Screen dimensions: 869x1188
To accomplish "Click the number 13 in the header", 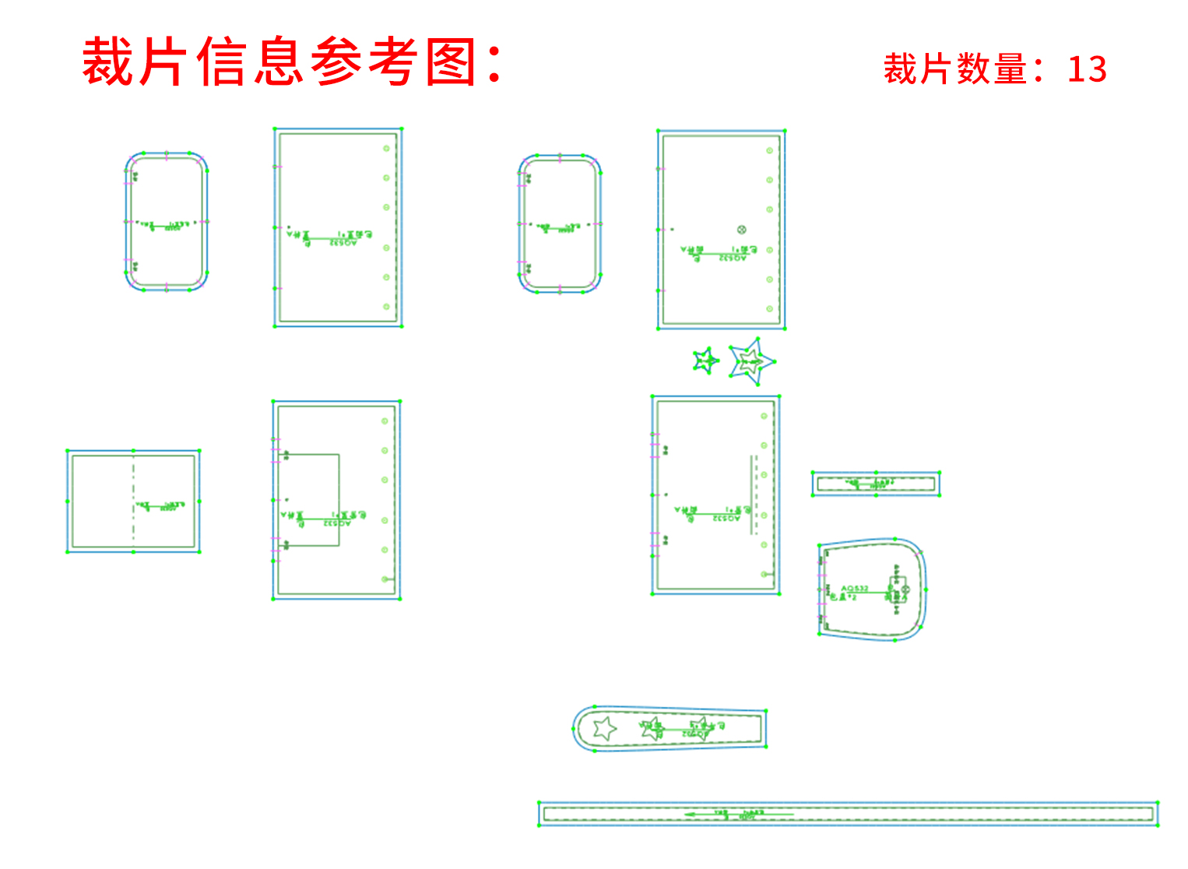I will pyautogui.click(x=1087, y=69).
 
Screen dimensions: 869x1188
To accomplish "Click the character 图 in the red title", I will pyautogui.click(x=452, y=62).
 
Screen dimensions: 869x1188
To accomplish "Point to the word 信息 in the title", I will pyautogui.click(x=250, y=62).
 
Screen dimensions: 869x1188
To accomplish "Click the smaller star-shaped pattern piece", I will pyautogui.click(x=705, y=361).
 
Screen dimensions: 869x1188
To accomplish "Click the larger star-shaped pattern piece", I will pyautogui.click(x=752, y=361).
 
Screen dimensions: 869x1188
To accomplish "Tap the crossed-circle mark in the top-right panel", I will pyautogui.click(x=742, y=230).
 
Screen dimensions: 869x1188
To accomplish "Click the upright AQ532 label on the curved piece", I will pyautogui.click(x=855, y=588).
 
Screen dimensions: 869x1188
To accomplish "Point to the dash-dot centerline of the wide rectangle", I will pyautogui.click(x=133, y=501).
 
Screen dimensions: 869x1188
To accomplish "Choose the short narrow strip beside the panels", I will pyautogui.click(x=876, y=484).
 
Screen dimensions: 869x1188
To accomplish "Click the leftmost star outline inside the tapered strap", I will pyautogui.click(x=604, y=729).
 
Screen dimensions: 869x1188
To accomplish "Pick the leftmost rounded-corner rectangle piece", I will pyautogui.click(x=167, y=222).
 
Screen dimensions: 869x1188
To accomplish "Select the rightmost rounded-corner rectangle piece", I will pyautogui.click(x=560, y=224).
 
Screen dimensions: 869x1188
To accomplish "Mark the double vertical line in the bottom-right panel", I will pyautogui.click(x=753, y=494).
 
